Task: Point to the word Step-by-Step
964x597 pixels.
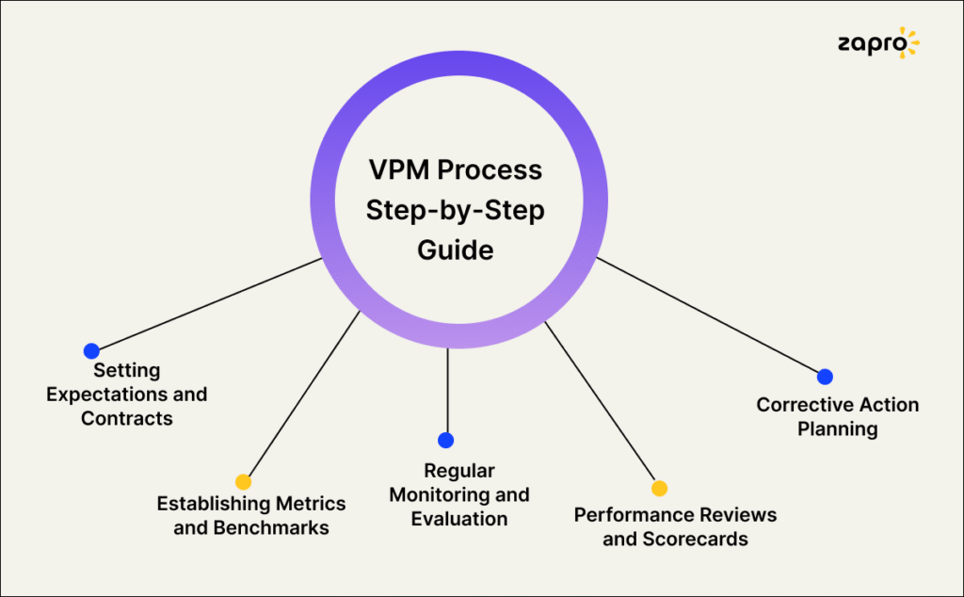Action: (455, 211)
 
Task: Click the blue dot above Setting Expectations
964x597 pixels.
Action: (91, 351)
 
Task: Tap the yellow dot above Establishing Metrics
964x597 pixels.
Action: (243, 481)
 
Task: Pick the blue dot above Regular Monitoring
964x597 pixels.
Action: (446, 440)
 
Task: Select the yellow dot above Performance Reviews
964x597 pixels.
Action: (659, 488)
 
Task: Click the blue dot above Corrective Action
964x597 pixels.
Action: (825, 377)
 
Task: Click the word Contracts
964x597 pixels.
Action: (127, 418)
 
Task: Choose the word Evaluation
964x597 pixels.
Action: (459, 519)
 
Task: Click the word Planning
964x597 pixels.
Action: (838, 429)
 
